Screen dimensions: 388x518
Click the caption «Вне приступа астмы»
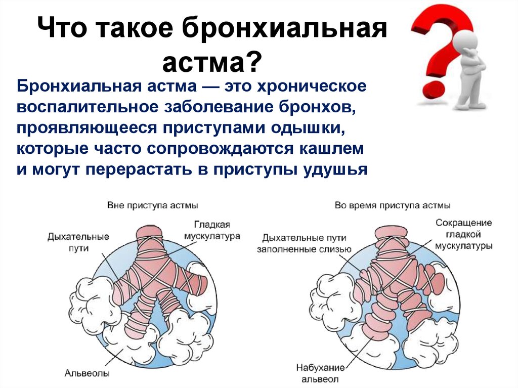pyautogui.click(x=153, y=205)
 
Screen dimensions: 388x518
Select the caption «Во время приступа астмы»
pyautogui.click(x=393, y=205)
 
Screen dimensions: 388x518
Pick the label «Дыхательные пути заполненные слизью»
pyautogui.click(x=304, y=243)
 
